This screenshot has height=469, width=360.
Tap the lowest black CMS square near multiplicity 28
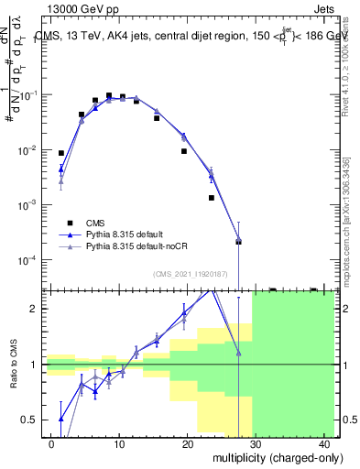(x=238, y=242)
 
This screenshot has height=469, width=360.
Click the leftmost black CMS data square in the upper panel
(x=61, y=153)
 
